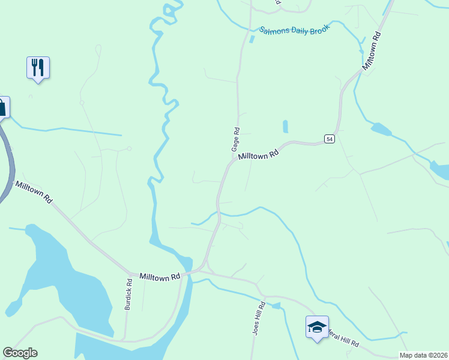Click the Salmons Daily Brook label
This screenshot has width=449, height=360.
[x=295, y=30]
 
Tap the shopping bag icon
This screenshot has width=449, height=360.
[x=2, y=107]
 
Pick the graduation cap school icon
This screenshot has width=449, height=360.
[x=317, y=326]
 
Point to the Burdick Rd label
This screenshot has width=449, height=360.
[x=128, y=294]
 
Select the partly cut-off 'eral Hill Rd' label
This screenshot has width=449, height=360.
[x=343, y=339]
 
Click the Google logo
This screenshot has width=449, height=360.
[x=20, y=353]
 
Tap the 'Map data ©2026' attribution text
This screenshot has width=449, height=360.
[x=424, y=355]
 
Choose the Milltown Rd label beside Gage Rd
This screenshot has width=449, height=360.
[x=259, y=154]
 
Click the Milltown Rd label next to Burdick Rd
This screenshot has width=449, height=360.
[x=160, y=277]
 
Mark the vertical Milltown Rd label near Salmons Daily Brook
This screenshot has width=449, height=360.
[x=372, y=50]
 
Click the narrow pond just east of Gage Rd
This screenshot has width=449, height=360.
[x=285, y=127]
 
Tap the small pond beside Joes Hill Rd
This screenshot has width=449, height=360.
[x=276, y=306]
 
